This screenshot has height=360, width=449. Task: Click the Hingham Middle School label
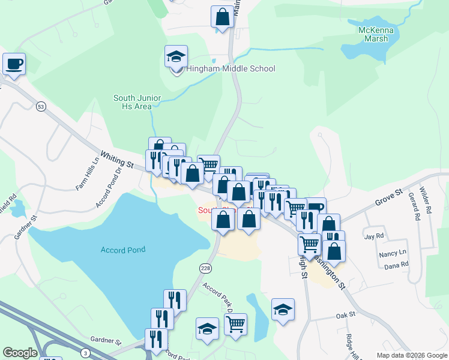pyautogui.click(x=230, y=68)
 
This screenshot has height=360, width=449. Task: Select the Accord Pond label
pyautogui.click(x=123, y=250)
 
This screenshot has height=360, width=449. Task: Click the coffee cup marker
pyautogui.click(x=14, y=64)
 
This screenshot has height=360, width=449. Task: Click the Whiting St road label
pyautogui.click(x=116, y=160)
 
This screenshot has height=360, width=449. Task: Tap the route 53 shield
pyautogui.click(x=41, y=106)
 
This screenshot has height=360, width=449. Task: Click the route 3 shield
pyautogui.click(x=86, y=352)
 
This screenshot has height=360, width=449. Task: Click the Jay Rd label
pyautogui.click(x=373, y=236)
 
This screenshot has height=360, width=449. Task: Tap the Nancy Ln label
pyautogui.click(x=393, y=253)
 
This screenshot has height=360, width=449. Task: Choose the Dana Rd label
pyautogui.click(x=396, y=264)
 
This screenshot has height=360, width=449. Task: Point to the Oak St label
pyautogui.click(x=346, y=314)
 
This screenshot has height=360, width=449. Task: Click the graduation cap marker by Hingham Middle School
pyautogui.click(x=176, y=58)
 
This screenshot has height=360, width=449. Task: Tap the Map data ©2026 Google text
pyautogui.click(x=411, y=355)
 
